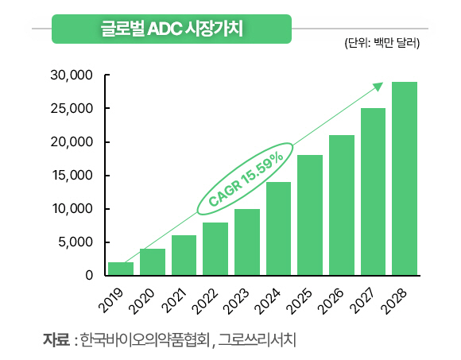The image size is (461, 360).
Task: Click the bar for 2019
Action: (120, 269)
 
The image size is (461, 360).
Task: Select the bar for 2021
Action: (184, 255)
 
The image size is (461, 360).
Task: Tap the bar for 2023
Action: (246, 242)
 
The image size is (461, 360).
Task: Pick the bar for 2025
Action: (310, 215)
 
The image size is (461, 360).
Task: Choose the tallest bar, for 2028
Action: (405, 179)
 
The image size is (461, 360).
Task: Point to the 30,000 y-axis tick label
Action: (72, 75)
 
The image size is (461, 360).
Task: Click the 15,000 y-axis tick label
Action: (72, 176)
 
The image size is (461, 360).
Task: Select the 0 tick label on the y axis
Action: (89, 276)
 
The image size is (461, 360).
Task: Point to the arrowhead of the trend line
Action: (378, 86)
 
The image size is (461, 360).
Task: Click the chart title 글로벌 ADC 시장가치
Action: (171, 29)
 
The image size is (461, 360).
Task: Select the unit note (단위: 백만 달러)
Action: (382, 43)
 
